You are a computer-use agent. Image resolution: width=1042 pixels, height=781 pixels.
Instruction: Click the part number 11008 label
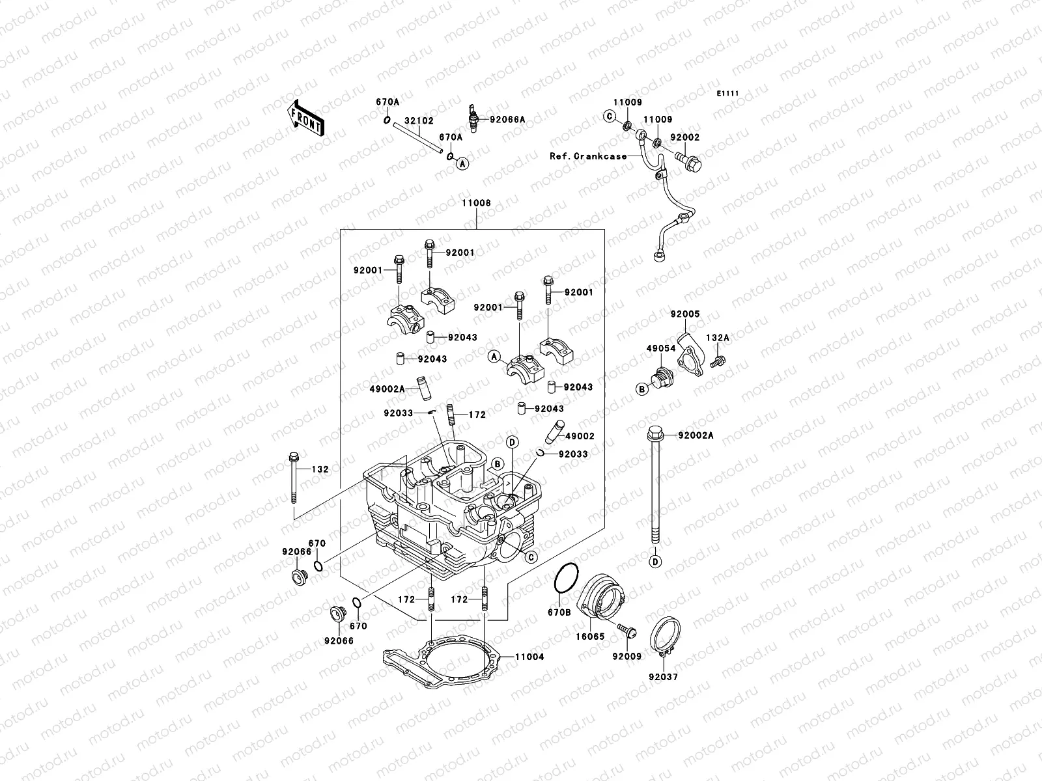[x=476, y=203]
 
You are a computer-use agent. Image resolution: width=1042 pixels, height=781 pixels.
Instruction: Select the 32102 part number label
[x=419, y=121]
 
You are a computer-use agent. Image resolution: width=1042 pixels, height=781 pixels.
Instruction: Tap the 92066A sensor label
[x=507, y=119]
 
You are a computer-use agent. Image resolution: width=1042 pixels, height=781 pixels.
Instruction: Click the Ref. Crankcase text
[x=588, y=156]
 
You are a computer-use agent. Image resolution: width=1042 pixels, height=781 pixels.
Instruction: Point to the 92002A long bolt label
[x=696, y=435]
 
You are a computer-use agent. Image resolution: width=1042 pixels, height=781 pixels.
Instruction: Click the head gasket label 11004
[x=529, y=657]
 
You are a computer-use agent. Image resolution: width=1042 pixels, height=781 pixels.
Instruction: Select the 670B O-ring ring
[x=565, y=579]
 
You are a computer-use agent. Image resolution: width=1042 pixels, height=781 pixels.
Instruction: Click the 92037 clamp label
[x=663, y=677]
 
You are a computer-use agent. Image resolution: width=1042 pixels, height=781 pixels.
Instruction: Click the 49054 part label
[x=660, y=349]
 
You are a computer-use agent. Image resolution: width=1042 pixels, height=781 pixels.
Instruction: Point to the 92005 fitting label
[x=685, y=314]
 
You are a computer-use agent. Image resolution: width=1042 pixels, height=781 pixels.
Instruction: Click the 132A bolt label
[x=718, y=338]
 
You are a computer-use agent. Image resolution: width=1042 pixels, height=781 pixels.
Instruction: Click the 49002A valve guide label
[x=387, y=389]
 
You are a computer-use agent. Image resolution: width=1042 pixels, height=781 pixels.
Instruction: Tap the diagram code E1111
[x=728, y=94]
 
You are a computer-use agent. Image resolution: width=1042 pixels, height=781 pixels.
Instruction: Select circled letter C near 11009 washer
[x=610, y=116]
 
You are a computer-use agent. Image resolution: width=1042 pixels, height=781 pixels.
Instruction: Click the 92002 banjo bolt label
[x=684, y=138]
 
